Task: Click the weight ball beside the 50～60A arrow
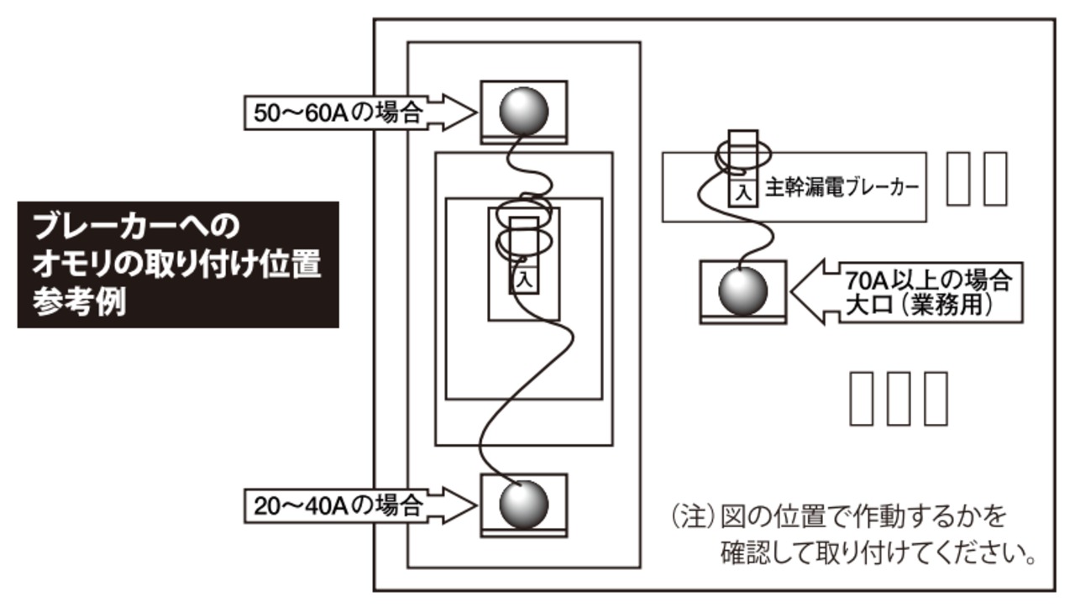coord(524,109)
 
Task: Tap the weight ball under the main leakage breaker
coord(743,292)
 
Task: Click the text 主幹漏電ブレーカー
coord(839,188)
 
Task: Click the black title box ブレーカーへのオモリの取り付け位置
coord(178,264)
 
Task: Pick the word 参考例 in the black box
coord(80,303)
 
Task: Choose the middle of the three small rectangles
coord(899,398)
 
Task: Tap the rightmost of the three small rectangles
coord(934,398)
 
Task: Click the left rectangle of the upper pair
coord(959,179)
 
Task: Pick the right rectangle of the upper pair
coord(994,179)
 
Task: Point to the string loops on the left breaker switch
coord(522,227)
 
